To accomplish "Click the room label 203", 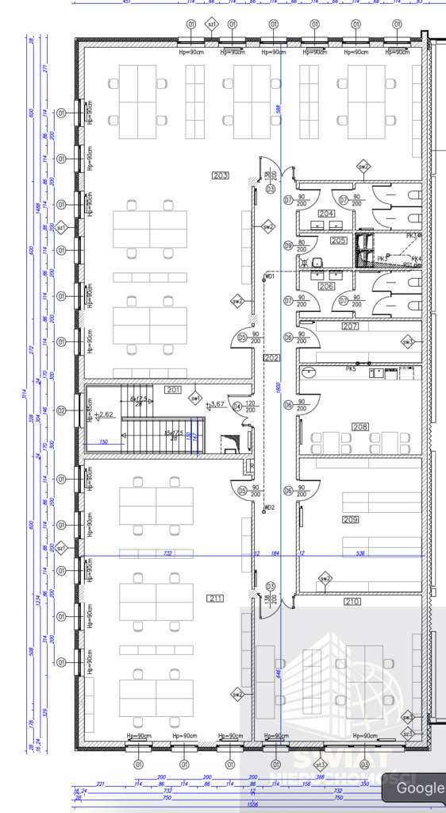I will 221,175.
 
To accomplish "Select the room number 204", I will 326,214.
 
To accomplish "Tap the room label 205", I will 339,240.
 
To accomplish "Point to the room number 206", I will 326,286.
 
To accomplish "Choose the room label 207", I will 350,326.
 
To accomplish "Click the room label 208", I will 360,427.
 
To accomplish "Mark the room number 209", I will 351,519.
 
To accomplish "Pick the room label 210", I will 352,602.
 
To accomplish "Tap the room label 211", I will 215,598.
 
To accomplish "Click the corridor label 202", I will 272,358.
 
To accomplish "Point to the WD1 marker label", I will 270,276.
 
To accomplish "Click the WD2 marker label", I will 270,507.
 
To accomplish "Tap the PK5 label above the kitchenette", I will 351,368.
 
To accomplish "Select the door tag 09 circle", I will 289,245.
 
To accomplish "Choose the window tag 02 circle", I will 60,410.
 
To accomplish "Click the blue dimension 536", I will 359,553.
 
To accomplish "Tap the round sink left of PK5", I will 310,372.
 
